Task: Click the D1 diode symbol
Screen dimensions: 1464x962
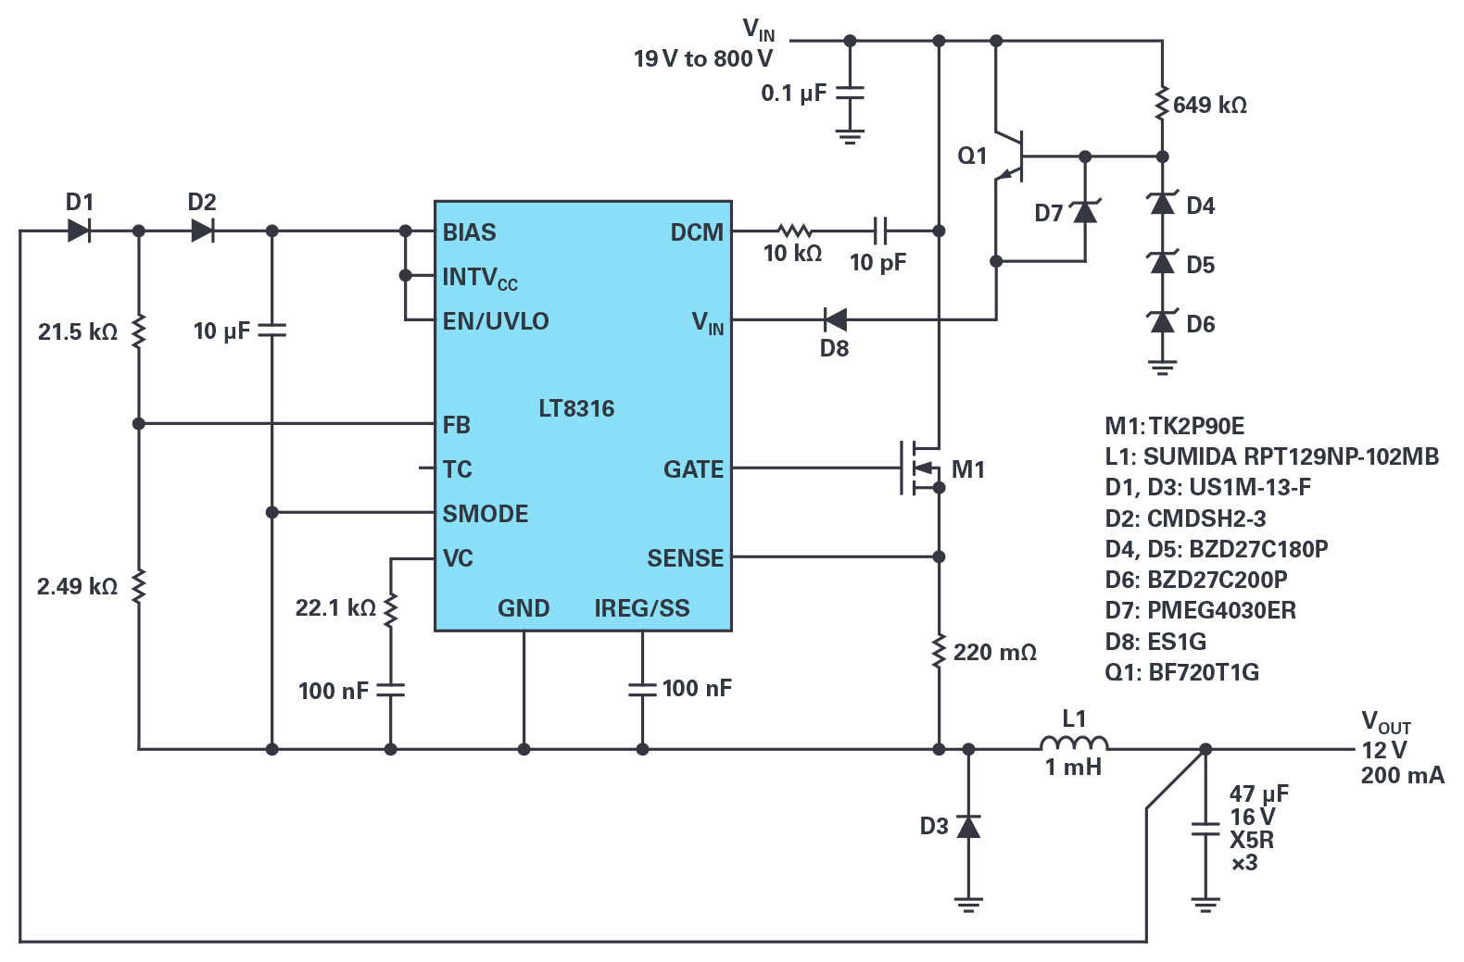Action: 79,231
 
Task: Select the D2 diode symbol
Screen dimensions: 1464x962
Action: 203,231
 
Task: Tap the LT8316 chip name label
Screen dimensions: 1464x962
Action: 576,409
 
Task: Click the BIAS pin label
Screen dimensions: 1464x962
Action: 469,232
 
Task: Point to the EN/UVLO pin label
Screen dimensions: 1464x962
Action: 496,321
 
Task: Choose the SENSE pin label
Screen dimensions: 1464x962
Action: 686,558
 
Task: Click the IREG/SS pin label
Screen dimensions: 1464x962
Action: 642,608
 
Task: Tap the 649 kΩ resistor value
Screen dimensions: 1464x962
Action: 1210,106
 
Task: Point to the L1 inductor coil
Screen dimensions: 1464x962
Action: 1074,743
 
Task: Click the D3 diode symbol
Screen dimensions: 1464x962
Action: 968,827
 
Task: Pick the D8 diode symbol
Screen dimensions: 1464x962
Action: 835,320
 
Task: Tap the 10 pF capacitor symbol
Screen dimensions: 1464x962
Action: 880,231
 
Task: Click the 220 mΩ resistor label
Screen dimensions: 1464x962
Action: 995,653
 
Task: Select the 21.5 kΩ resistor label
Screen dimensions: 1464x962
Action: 78,331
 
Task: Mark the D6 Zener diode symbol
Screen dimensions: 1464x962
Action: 1162,322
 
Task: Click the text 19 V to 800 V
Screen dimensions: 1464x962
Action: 703,58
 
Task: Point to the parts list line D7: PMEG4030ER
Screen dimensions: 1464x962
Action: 1201,611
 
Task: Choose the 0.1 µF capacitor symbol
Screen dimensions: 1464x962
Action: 850,94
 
